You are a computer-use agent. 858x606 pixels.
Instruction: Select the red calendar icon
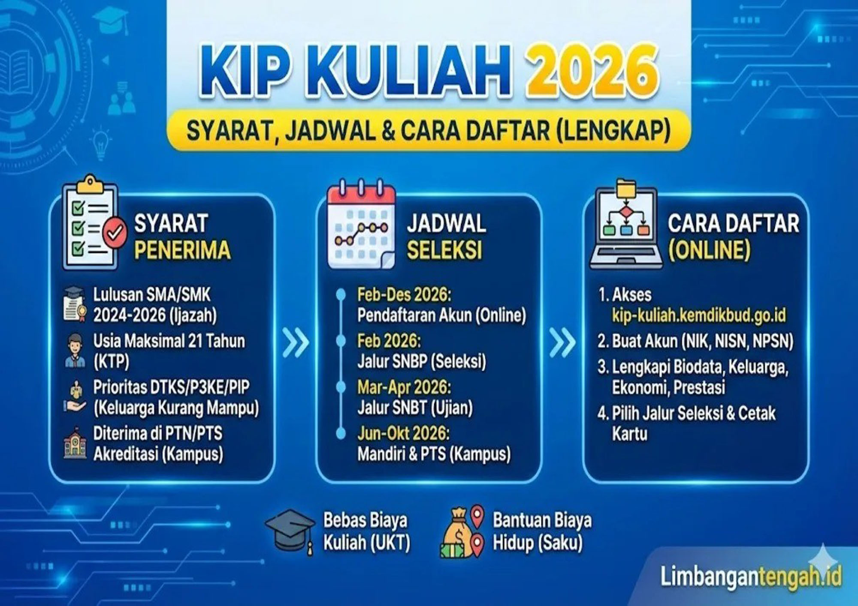click(x=361, y=225)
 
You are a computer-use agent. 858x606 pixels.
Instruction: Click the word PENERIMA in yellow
click(x=182, y=250)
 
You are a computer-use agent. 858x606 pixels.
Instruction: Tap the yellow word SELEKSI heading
click(x=444, y=250)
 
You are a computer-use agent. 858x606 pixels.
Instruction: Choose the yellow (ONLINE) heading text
click(x=710, y=250)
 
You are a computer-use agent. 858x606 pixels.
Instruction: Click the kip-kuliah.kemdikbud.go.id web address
click(x=699, y=315)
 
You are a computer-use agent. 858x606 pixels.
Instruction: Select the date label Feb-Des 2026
click(x=404, y=295)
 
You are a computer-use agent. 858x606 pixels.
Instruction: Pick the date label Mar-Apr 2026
click(x=404, y=387)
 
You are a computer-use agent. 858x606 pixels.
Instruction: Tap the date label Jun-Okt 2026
click(x=403, y=434)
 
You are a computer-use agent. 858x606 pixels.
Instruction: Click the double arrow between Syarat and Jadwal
click(x=296, y=343)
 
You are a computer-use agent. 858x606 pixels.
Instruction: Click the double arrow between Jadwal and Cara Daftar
click(x=562, y=343)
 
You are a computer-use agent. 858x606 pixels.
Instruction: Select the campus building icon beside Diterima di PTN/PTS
click(x=75, y=444)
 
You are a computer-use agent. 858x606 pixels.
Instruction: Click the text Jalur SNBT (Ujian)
click(x=415, y=408)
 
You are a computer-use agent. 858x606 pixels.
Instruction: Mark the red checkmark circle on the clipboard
click(x=115, y=233)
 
